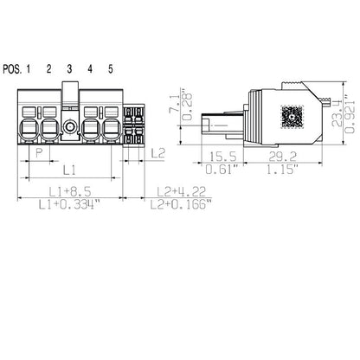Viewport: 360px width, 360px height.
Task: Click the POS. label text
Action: point(11,69)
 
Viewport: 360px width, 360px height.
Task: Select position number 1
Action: point(29,69)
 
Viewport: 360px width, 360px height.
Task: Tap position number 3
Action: point(69,69)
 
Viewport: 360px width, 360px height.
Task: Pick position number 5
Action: point(110,69)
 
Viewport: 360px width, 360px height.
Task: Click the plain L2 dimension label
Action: point(157,153)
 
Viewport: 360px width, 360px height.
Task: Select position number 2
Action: point(49,69)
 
